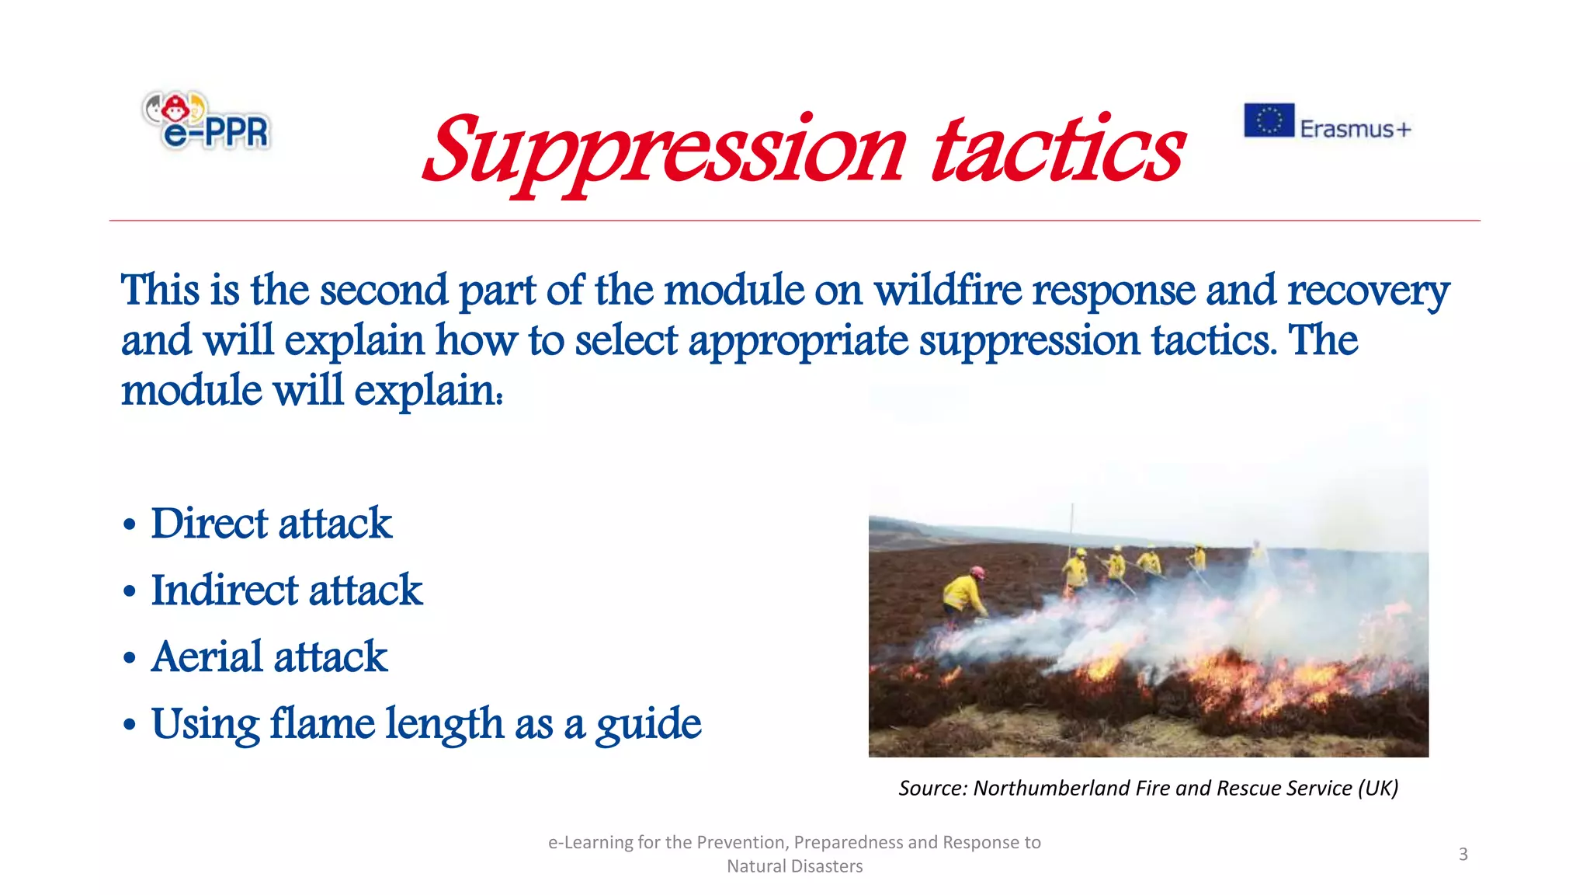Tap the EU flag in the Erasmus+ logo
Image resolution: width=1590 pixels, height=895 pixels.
1269,120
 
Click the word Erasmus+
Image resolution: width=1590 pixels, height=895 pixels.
1355,128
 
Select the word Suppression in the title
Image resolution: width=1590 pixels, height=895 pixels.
665,151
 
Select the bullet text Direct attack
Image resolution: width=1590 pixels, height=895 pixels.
272,524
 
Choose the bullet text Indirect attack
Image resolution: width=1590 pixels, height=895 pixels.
287,590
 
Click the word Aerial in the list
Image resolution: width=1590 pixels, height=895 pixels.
207,657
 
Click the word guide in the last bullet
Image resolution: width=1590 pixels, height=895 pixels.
648,725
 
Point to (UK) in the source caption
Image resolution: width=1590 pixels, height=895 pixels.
1378,789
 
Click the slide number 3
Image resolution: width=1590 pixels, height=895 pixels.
1463,855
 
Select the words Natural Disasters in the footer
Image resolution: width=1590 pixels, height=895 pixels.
794,866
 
